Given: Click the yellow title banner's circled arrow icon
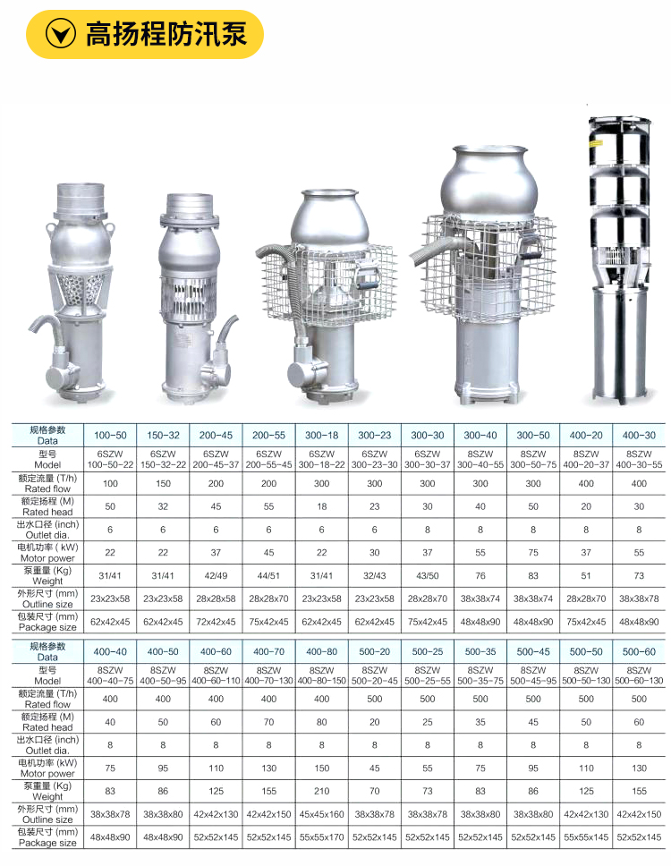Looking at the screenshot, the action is (x=60, y=34).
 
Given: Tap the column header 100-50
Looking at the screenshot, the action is (x=110, y=435).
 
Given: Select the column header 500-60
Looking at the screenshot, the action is (x=639, y=651).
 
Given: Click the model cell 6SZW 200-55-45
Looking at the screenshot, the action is (x=269, y=460).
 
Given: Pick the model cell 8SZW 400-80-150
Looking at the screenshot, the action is (x=322, y=675).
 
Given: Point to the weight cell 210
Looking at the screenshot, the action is (x=322, y=791).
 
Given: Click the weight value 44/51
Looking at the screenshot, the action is (x=269, y=575).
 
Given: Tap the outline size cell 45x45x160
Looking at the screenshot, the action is (x=322, y=814).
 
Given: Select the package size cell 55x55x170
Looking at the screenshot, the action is (x=322, y=837).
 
